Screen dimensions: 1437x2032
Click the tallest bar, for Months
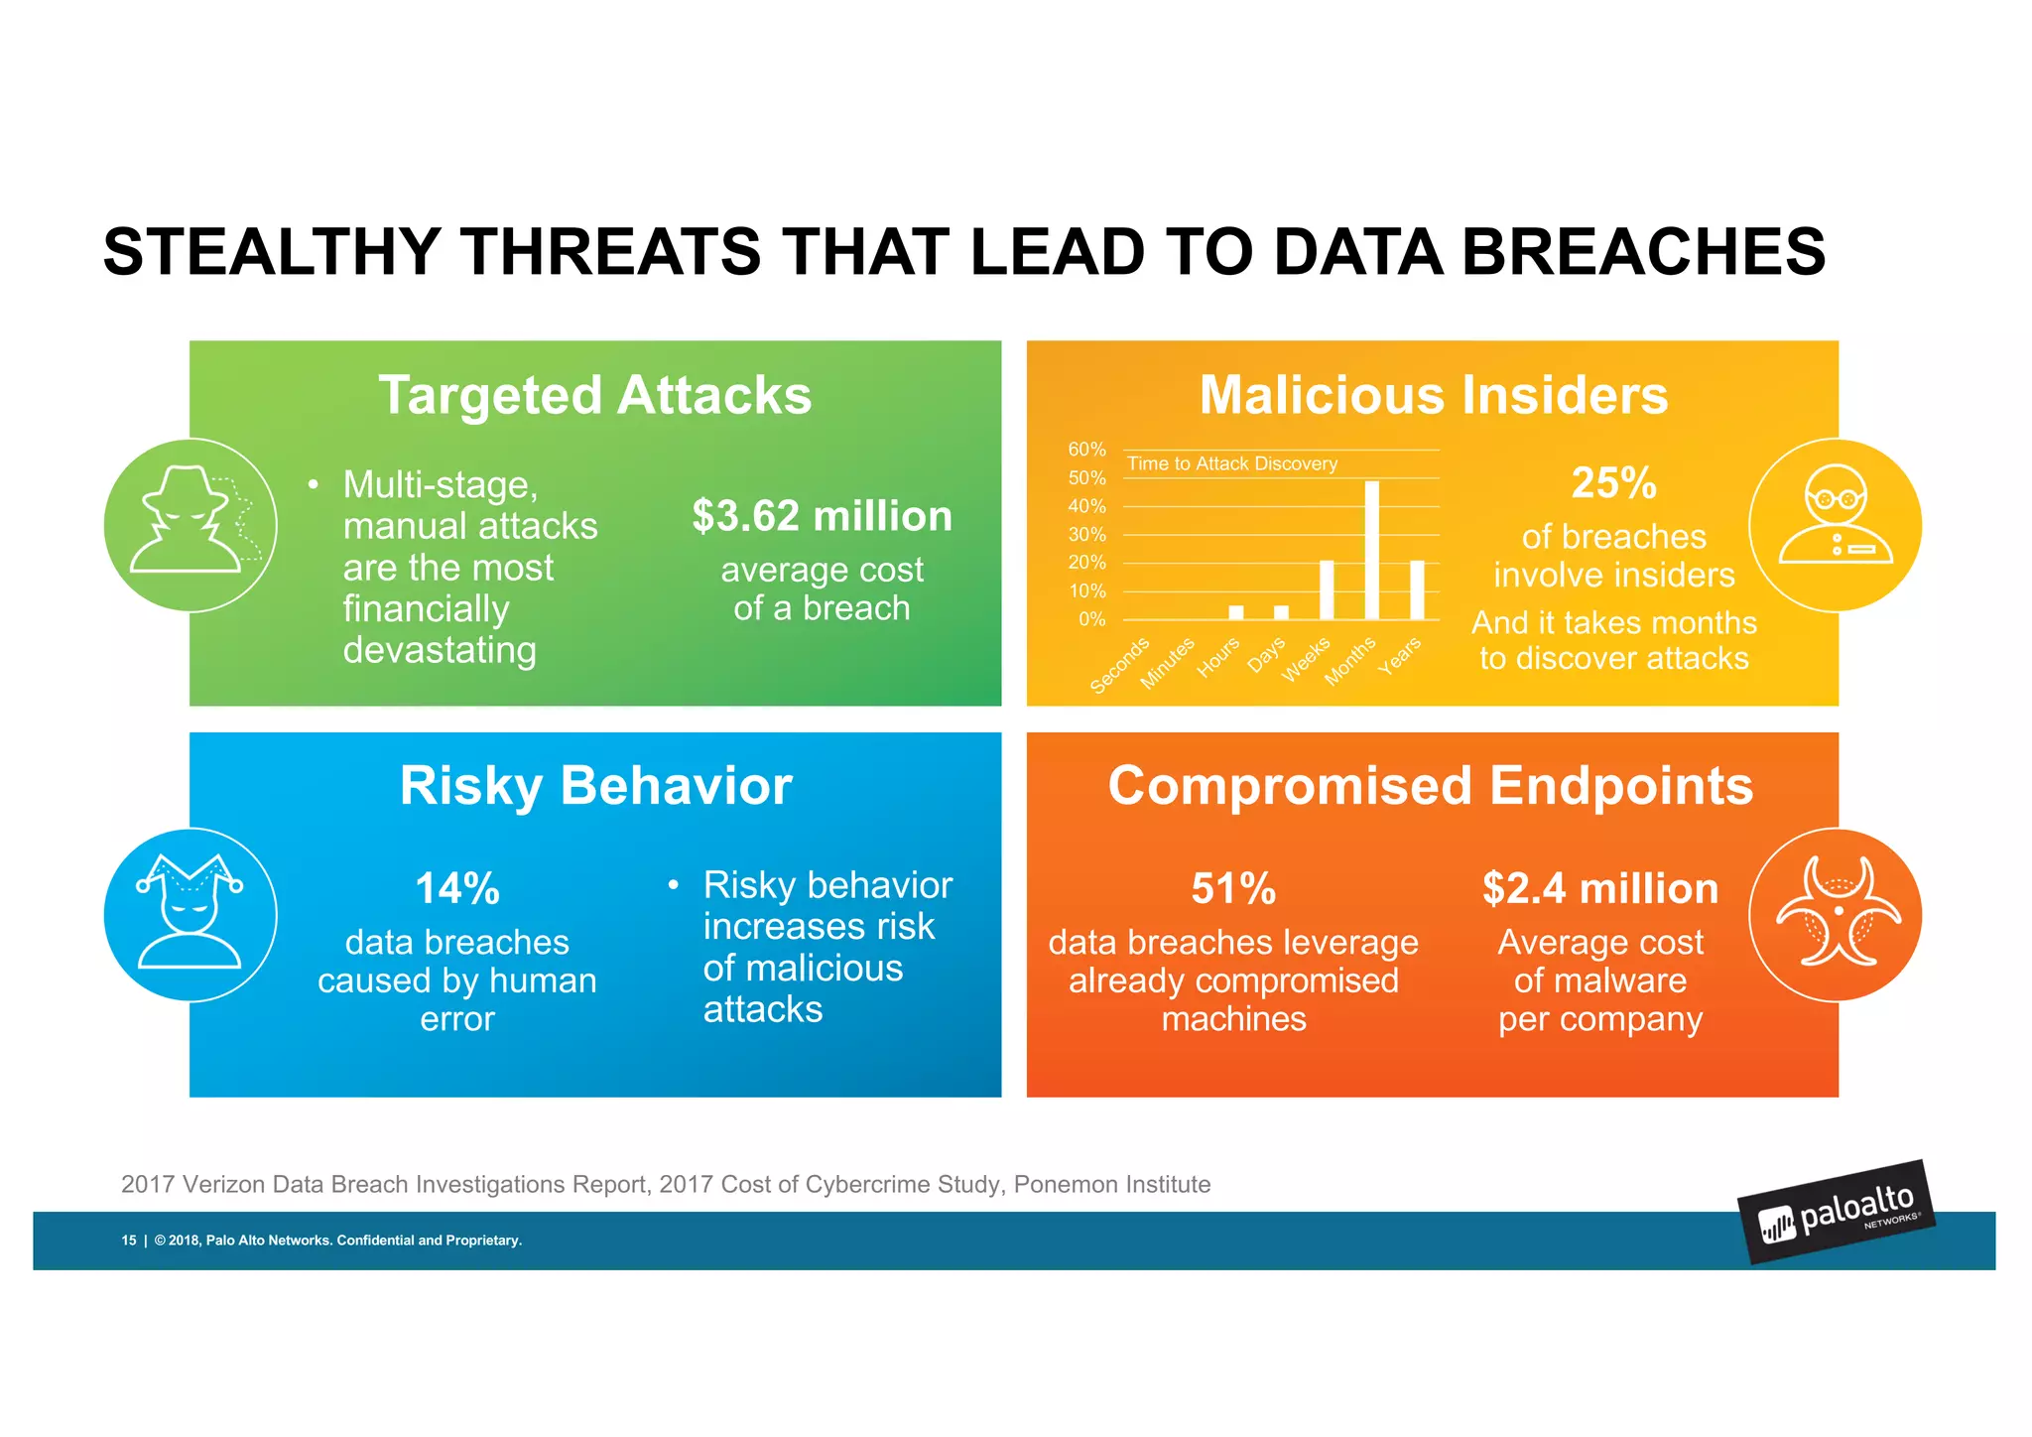(x=1372, y=551)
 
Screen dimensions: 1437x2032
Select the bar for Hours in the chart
(x=1236, y=612)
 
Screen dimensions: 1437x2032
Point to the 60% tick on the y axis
(x=1086, y=450)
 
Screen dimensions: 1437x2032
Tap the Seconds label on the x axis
(x=1119, y=666)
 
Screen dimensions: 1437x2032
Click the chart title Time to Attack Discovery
(x=1232, y=463)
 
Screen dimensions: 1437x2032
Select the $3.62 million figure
(x=822, y=516)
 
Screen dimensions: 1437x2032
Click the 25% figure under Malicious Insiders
(x=1614, y=483)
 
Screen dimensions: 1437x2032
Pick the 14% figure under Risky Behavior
(x=457, y=888)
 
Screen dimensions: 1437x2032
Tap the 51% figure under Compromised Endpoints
(x=1233, y=888)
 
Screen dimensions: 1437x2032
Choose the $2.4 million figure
(x=1600, y=888)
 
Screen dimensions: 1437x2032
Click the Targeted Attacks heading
(x=595, y=395)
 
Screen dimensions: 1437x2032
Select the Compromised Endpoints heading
(x=1431, y=786)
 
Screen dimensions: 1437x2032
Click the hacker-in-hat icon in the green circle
(x=191, y=524)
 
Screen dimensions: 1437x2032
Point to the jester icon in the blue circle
(x=190, y=914)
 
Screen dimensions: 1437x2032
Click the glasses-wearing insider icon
(x=1836, y=525)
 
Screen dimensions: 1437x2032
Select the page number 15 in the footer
(x=129, y=1241)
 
